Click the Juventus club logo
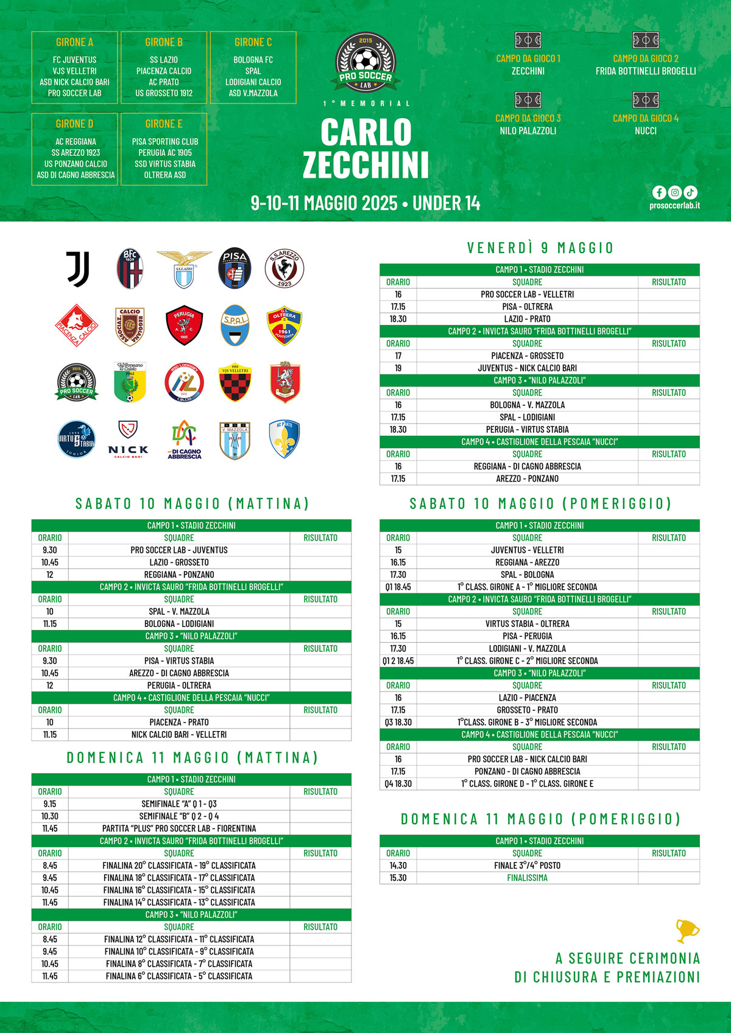78,269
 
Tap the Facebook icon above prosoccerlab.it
659,192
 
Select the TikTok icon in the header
690,192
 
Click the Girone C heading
253,43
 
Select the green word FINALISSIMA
527,878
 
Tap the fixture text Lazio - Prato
527,319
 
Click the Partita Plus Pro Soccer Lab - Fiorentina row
179,828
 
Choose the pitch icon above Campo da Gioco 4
646,100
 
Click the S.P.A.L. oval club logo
235,325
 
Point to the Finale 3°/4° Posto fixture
527,866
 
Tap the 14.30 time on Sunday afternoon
398,866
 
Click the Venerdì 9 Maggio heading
540,248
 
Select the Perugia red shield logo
184,325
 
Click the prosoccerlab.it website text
674,206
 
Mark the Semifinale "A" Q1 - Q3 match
179,804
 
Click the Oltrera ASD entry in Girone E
164,175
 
